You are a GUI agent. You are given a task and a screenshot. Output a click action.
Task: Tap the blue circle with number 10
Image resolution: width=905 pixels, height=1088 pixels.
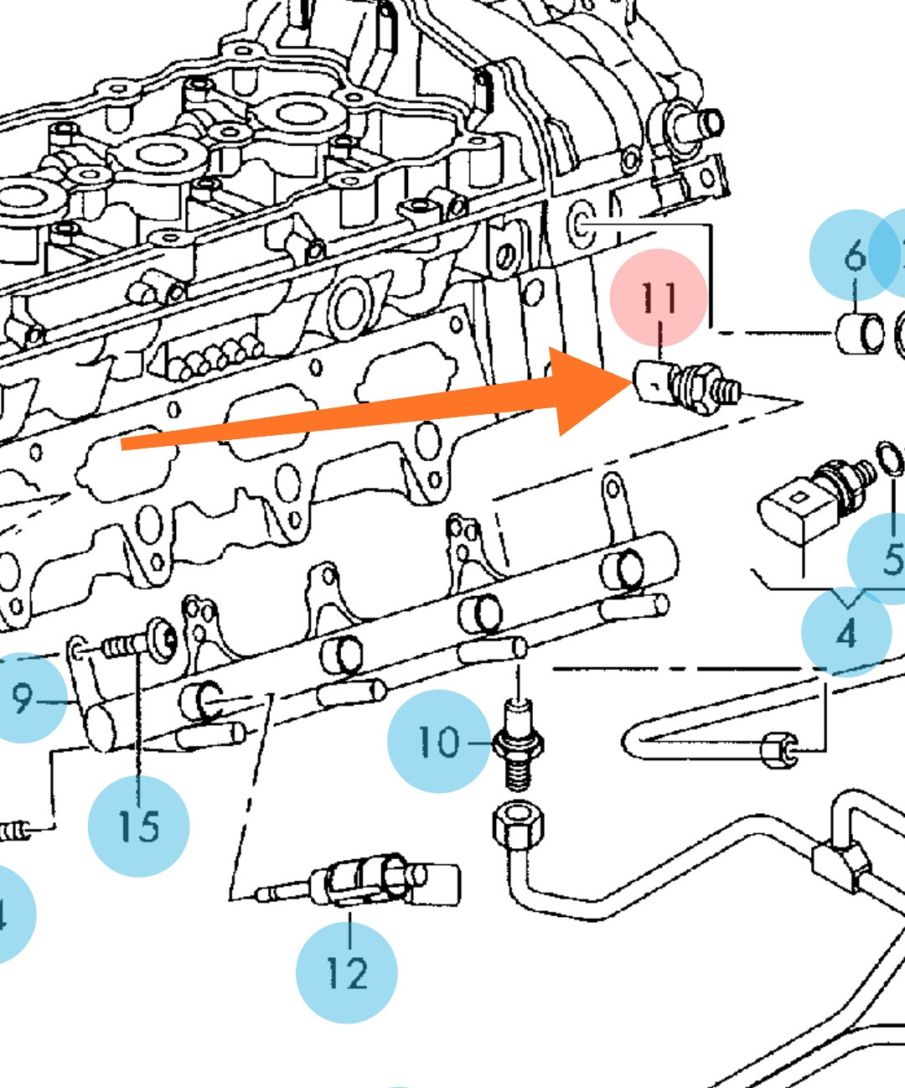[439, 741]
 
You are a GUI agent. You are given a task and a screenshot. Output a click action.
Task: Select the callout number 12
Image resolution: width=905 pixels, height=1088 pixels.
[346, 972]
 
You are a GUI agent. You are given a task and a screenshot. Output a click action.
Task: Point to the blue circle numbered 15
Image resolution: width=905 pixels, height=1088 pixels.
[139, 826]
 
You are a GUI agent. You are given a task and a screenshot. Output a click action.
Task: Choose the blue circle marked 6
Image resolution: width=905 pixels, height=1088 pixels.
[853, 255]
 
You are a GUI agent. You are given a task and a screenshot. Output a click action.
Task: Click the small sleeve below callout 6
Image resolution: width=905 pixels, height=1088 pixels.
[860, 333]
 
